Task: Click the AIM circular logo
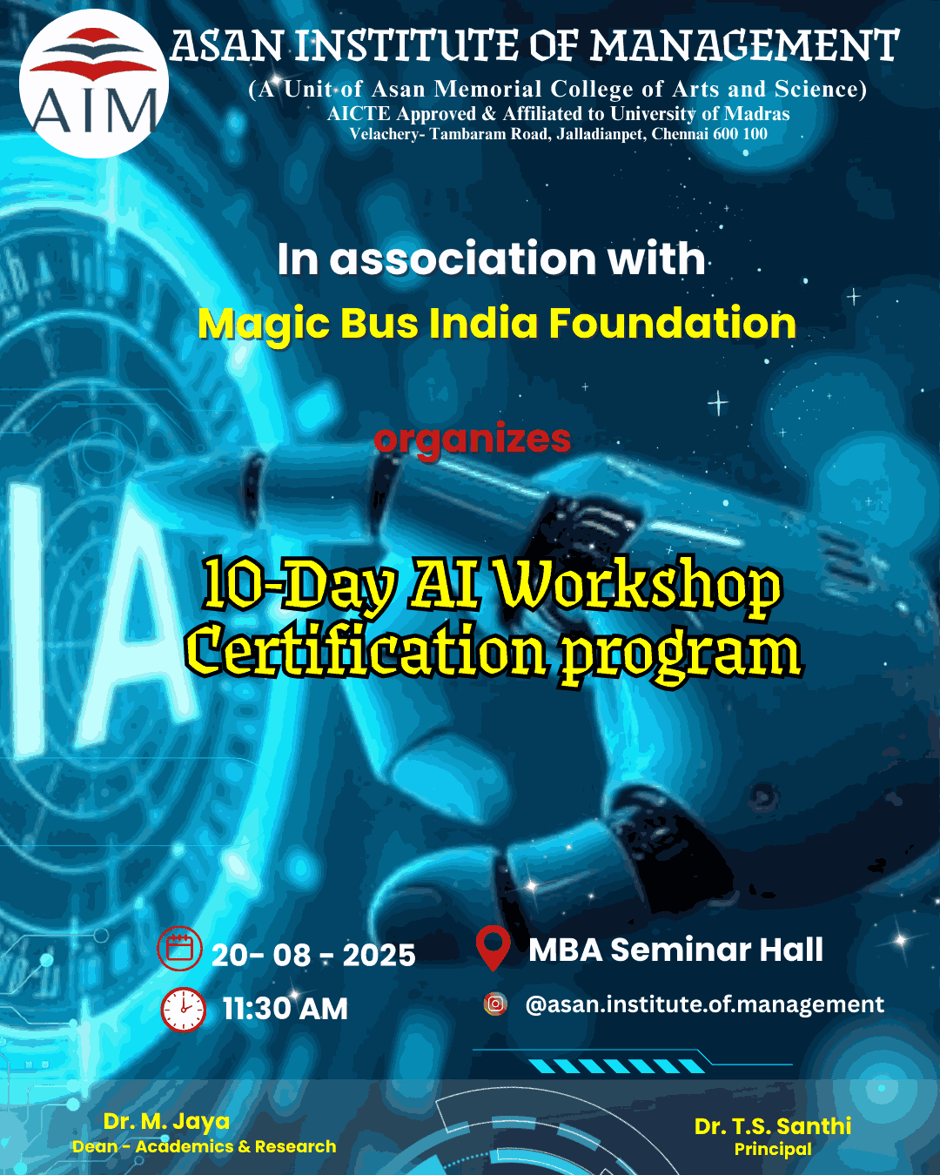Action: pyautogui.click(x=94, y=84)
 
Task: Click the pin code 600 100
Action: pyautogui.click(x=740, y=134)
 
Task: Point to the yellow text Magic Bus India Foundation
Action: pyautogui.click(x=496, y=324)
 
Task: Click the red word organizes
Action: pyautogui.click(x=473, y=440)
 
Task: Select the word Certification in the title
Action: pyautogui.click(x=366, y=652)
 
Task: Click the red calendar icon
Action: pyautogui.click(x=179, y=948)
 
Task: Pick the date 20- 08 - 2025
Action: pyautogui.click(x=313, y=955)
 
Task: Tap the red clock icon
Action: pyautogui.click(x=184, y=1010)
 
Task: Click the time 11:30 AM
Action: pyautogui.click(x=285, y=1009)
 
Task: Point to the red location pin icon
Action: pyautogui.click(x=493, y=948)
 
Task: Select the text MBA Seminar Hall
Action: pyautogui.click(x=675, y=950)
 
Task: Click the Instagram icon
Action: pyautogui.click(x=495, y=1004)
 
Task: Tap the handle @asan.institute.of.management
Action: pyautogui.click(x=705, y=1004)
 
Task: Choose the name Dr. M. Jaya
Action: pyautogui.click(x=166, y=1122)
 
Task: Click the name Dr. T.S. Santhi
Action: pyautogui.click(x=772, y=1126)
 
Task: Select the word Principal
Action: pyautogui.click(x=773, y=1150)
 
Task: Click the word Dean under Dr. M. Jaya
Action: pyautogui.click(x=95, y=1146)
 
